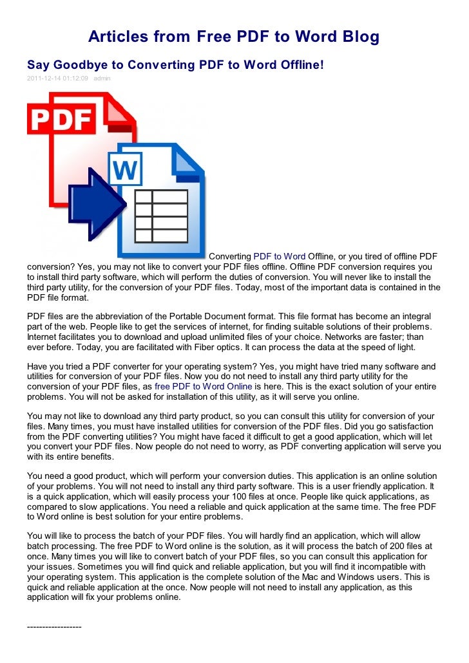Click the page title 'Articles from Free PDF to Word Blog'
click(234, 37)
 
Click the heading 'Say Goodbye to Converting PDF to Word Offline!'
click(175, 65)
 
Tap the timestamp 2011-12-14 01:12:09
click(57, 79)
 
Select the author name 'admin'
click(102, 79)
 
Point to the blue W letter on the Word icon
click(126, 171)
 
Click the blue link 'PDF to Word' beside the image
click(280, 256)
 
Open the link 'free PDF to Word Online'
click(204, 386)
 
